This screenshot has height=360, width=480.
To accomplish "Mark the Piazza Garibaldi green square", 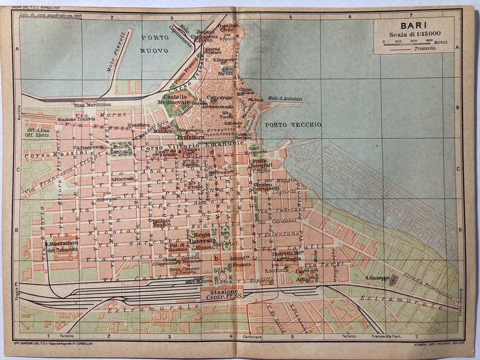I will point(122,148).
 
